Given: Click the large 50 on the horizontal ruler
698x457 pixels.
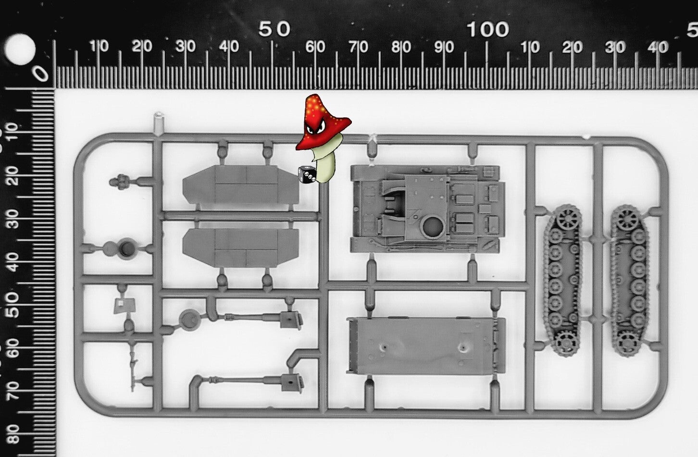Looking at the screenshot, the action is click(274, 30).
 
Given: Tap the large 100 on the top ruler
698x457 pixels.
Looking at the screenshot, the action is click(487, 30).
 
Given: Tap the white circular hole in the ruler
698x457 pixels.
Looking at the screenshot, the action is click(20, 49).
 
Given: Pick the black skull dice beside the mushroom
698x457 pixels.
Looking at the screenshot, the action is click(307, 175).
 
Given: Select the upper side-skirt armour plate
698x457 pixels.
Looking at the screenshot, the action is click(240, 185).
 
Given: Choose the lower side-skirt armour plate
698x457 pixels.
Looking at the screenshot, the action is click(240, 248).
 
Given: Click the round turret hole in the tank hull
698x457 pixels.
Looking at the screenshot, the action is click(433, 225).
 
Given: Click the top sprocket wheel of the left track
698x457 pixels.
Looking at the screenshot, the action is click(568, 217).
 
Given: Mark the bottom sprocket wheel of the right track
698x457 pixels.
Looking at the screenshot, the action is click(628, 343).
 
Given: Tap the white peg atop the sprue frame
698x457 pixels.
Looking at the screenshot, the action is click(158, 124).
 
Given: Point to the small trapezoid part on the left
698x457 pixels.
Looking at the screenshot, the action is click(125, 306).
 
